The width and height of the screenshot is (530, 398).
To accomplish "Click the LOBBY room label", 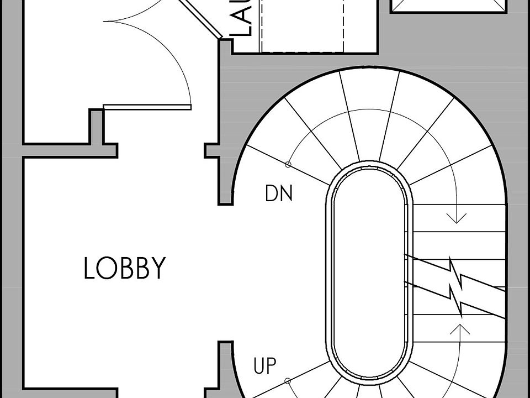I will click(124, 268).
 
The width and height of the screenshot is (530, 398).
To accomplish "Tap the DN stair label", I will click(278, 193).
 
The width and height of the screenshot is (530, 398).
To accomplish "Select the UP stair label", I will click(264, 366).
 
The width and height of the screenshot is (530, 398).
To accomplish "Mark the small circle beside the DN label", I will click(288, 164).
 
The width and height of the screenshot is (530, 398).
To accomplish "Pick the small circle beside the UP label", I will click(287, 380).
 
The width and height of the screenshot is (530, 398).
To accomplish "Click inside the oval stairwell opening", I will click(369, 276).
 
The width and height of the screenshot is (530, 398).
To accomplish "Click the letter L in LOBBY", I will click(89, 268).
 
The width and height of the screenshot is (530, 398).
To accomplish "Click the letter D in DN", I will click(272, 193).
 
